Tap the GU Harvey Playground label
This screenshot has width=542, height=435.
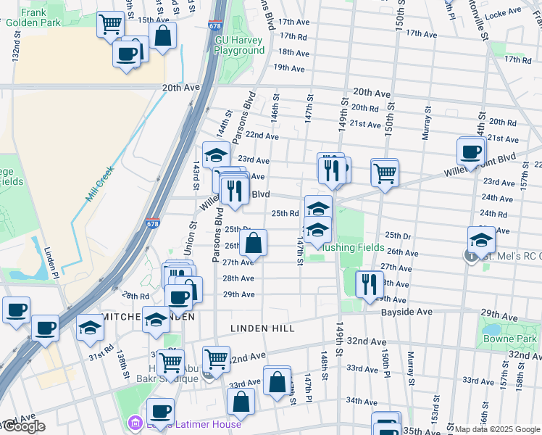pos(240,46)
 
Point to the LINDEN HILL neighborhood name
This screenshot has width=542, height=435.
pos(262,328)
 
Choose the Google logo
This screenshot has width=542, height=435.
pos(23,426)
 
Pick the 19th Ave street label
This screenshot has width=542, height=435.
pos(288,67)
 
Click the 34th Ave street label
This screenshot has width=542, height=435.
pos(362,400)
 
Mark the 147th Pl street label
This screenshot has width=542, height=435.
pos(308,385)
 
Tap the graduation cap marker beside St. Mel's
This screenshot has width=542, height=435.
pos(482,240)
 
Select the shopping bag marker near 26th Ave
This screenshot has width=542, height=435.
pos(253,244)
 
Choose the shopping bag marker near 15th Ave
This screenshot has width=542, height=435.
pos(163,36)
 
